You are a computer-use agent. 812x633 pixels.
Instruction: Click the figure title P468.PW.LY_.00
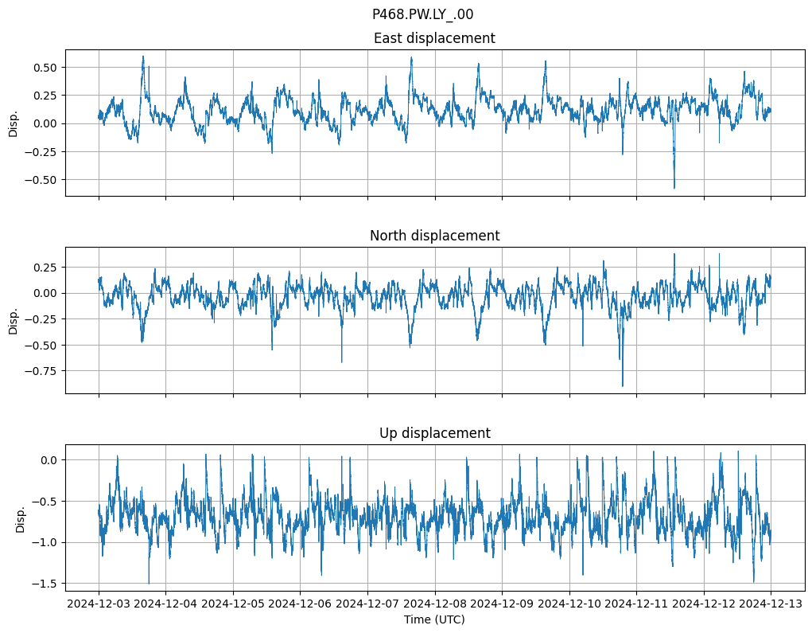pos(422,14)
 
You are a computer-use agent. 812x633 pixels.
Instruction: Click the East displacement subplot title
pos(434,38)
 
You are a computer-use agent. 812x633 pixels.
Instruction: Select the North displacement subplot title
pos(434,236)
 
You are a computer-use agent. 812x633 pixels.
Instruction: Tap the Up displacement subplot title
pos(434,433)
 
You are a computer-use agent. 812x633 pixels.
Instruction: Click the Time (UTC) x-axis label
pos(434,619)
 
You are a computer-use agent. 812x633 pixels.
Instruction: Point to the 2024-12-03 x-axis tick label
pos(99,604)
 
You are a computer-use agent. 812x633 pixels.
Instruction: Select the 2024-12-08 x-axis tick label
pos(435,604)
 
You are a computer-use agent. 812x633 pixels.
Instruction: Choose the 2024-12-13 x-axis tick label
pos(771,604)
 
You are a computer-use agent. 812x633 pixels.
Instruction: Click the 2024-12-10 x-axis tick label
pos(569,604)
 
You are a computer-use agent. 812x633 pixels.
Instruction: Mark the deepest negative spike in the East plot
pos(674,188)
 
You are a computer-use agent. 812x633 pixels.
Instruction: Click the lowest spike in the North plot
pos(623,386)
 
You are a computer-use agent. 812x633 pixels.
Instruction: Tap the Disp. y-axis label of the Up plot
pos(21,518)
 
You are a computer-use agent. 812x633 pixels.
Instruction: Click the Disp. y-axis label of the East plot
pos(13,123)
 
